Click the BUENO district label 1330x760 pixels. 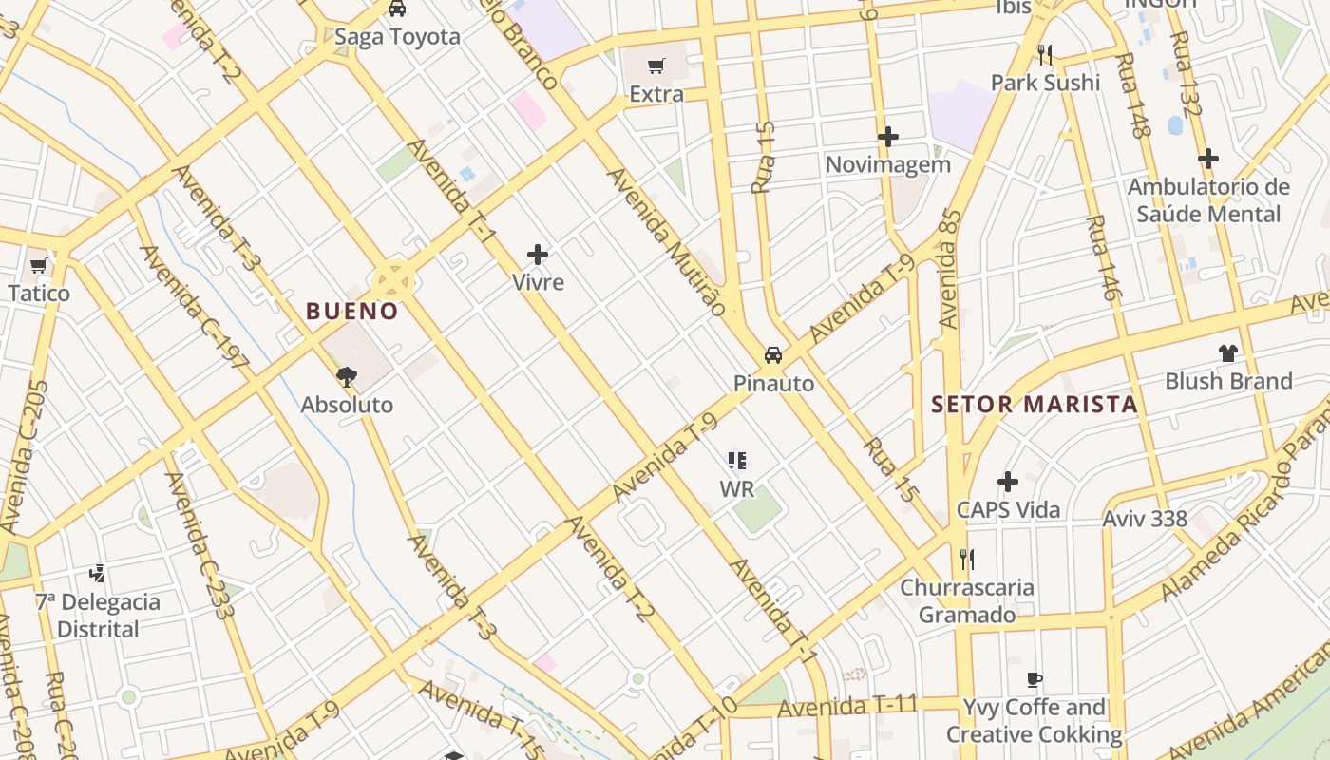point(351,311)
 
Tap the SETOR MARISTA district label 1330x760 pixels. point(1034,404)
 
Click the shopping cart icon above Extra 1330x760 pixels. point(655,66)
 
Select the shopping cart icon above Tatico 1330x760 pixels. point(39,265)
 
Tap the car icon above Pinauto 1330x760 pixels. point(773,355)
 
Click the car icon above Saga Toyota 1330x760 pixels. point(397,9)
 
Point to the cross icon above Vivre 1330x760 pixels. point(538,255)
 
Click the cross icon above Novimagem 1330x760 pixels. point(887,137)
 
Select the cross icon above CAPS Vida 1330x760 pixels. point(1008,482)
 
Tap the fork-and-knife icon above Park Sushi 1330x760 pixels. point(1045,54)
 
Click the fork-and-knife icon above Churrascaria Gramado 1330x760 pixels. point(967,559)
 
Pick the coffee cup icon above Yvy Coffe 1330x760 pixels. point(1035,679)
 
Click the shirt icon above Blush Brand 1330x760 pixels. point(1228,353)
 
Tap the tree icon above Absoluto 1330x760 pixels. point(347,377)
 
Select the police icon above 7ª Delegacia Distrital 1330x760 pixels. point(97,573)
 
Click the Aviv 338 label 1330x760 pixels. point(1145,519)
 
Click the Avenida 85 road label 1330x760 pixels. point(949,269)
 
